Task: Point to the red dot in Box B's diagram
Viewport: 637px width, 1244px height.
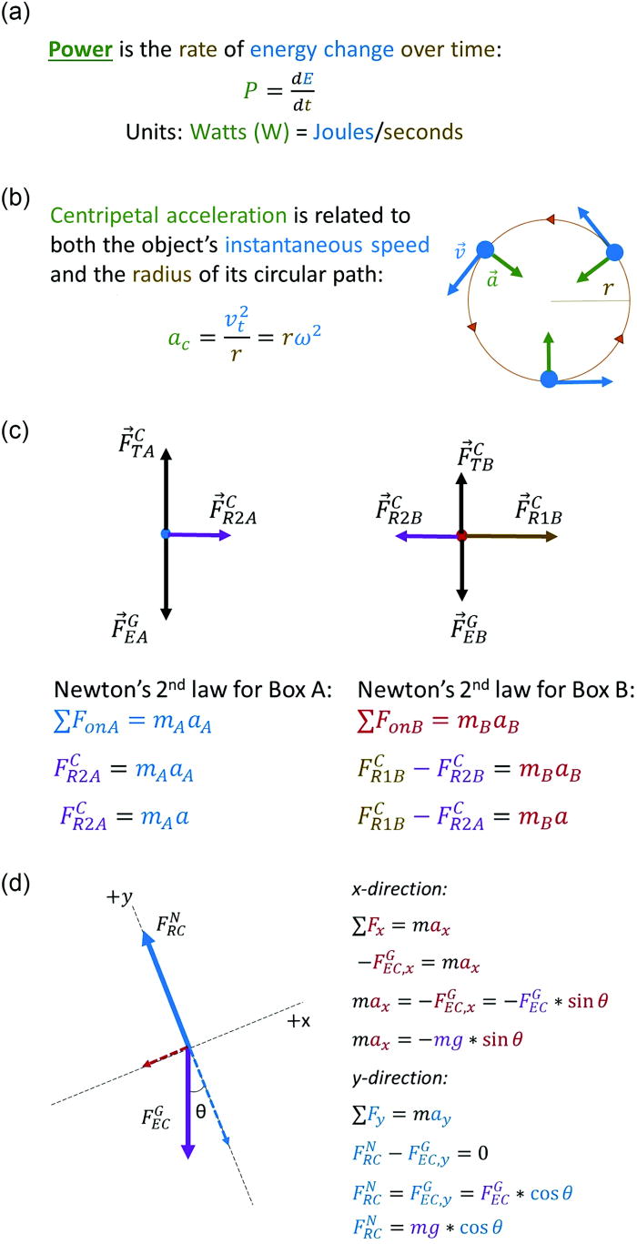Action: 462,537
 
